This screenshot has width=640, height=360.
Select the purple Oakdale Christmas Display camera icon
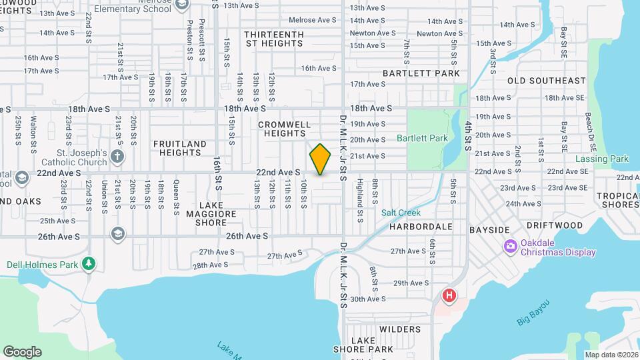511,247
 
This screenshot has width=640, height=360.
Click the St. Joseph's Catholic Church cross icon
117,157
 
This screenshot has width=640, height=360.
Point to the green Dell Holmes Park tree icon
89,265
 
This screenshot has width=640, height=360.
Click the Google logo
22,352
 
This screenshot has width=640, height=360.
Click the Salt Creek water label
401,213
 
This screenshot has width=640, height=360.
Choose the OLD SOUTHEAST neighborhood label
546,81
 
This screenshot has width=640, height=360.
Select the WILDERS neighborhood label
400,329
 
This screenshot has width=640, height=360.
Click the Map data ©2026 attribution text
611,355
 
